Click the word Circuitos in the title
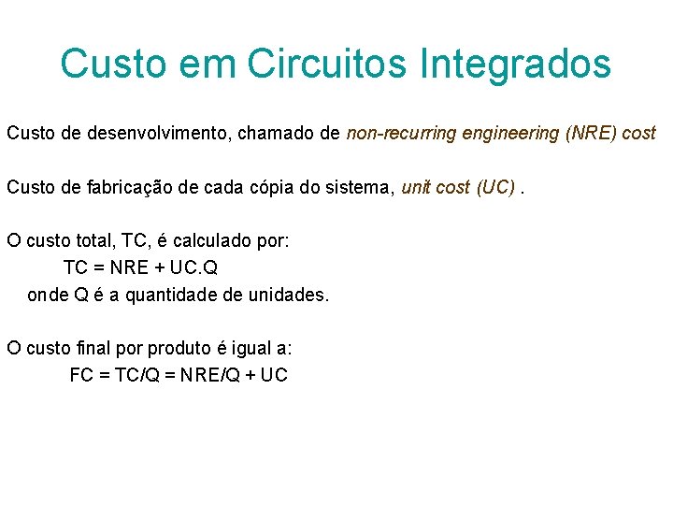tap(328, 64)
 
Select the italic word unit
tap(415, 187)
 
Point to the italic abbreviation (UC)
tap(495, 187)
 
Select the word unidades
tap(291, 295)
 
